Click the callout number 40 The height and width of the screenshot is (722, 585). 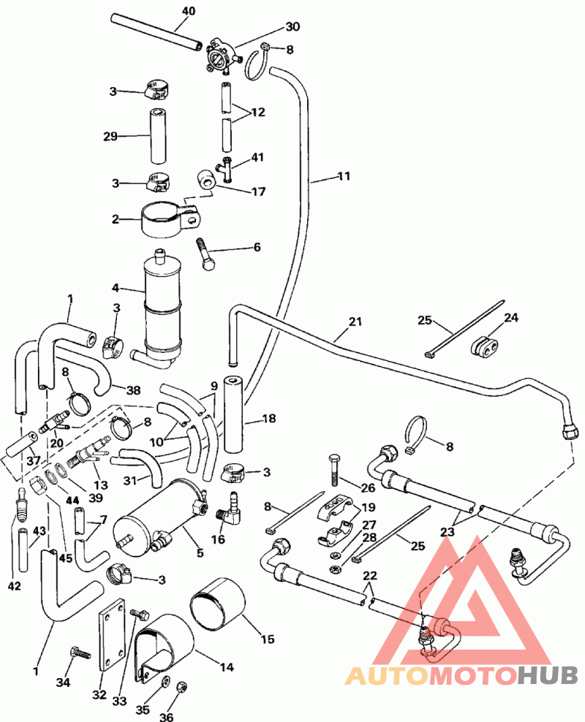click(x=189, y=11)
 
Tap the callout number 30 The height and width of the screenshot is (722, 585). click(x=272, y=27)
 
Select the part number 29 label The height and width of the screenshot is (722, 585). click(x=110, y=136)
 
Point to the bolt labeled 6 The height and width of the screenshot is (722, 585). click(x=204, y=253)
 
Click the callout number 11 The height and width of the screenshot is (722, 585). click(x=344, y=176)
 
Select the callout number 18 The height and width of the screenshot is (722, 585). click(x=268, y=419)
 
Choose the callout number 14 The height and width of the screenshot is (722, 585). click(x=226, y=666)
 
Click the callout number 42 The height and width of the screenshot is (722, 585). click(x=15, y=586)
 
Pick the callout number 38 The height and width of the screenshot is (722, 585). click(x=133, y=391)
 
